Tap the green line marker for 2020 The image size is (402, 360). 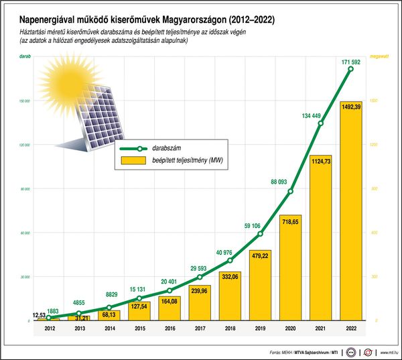pyautogui.click(x=290, y=192)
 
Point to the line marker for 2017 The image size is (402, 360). pyautogui.click(x=200, y=277)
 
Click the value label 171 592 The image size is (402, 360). pyautogui.click(x=350, y=62)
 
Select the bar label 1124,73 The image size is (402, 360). pyautogui.click(x=320, y=160)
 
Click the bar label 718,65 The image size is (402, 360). pyautogui.click(x=290, y=221)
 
